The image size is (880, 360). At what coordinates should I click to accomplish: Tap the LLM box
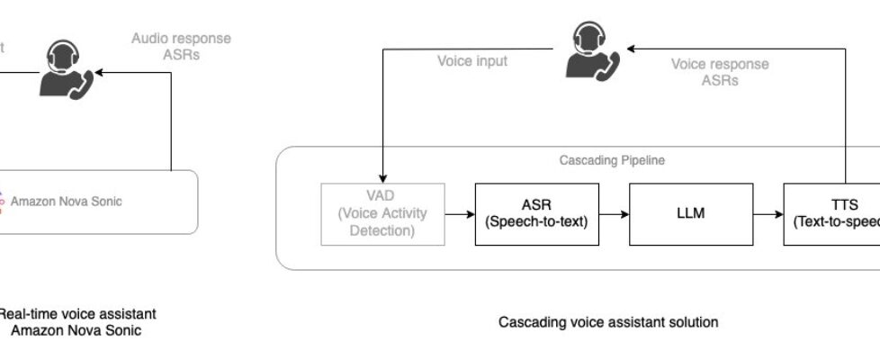pyautogui.click(x=678, y=214)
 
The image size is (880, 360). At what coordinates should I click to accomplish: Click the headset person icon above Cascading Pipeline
pyautogui.click(x=589, y=51)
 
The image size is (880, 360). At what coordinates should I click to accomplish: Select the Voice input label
pyautogui.click(x=472, y=61)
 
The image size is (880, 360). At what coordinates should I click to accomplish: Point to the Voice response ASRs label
pyautogui.click(x=720, y=72)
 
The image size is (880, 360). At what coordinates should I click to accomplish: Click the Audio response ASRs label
pyautogui.click(x=181, y=47)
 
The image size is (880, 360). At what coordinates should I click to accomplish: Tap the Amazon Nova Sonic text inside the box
pyautogui.click(x=66, y=202)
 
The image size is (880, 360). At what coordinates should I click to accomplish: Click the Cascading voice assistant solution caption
pyautogui.click(x=608, y=321)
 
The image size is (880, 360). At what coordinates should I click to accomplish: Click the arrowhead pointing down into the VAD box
pyautogui.click(x=384, y=175)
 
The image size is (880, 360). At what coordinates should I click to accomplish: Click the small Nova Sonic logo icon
pyautogui.click(x=2, y=202)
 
